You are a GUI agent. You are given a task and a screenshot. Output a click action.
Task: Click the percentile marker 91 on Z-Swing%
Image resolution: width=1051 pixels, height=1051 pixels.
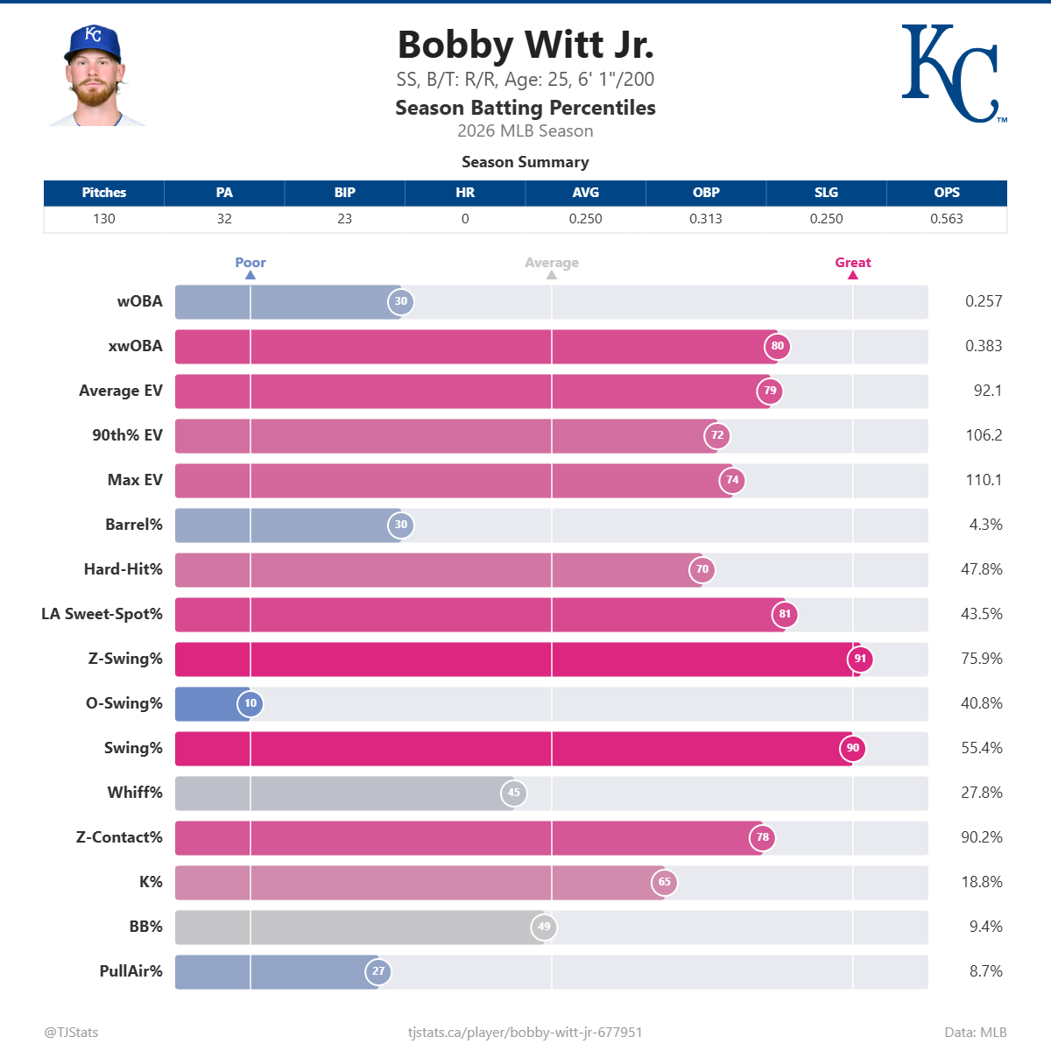[x=860, y=659]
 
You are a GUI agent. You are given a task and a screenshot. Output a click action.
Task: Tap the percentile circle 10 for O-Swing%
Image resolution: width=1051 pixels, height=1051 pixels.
[x=250, y=703]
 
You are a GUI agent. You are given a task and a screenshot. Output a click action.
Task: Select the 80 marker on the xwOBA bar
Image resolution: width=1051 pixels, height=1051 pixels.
[x=778, y=346]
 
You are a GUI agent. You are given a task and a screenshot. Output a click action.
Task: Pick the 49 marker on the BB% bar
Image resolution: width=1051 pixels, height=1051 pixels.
[x=544, y=927]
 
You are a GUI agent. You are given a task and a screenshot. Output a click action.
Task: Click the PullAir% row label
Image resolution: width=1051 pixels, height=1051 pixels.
[x=130, y=970]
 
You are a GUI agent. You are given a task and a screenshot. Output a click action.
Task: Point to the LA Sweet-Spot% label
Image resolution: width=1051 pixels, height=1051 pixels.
[x=102, y=614]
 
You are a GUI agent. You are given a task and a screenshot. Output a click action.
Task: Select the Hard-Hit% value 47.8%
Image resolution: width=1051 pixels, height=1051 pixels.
[x=981, y=569]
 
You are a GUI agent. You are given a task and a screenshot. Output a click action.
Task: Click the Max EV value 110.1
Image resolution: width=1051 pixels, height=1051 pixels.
[x=983, y=480]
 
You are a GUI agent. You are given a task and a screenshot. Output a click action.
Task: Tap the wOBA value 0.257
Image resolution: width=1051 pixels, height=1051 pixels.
[x=983, y=301]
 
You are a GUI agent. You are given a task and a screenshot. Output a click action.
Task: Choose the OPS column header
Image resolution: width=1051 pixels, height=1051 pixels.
[x=946, y=193]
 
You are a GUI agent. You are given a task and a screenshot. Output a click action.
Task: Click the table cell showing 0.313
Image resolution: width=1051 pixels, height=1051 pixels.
[x=705, y=219]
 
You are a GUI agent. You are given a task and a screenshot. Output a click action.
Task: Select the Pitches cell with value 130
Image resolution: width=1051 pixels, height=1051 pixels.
[x=104, y=219]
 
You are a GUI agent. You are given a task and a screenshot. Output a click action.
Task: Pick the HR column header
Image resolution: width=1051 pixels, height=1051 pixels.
[x=465, y=193]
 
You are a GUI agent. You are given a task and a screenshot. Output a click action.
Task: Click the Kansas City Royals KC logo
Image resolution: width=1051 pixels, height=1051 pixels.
[x=950, y=74]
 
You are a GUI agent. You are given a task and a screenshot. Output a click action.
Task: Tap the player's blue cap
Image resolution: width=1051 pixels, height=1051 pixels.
[x=92, y=42]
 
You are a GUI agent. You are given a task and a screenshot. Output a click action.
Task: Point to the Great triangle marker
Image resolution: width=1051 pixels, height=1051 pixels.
[x=852, y=275]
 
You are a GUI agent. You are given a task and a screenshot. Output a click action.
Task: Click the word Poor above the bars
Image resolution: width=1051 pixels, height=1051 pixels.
[x=250, y=262]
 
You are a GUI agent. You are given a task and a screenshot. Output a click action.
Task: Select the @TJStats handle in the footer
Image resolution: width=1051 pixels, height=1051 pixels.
[x=71, y=1032]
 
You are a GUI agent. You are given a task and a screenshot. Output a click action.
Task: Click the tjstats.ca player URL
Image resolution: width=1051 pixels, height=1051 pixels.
[x=525, y=1032]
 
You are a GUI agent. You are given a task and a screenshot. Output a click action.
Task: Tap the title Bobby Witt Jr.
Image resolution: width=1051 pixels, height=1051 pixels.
[x=525, y=46]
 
